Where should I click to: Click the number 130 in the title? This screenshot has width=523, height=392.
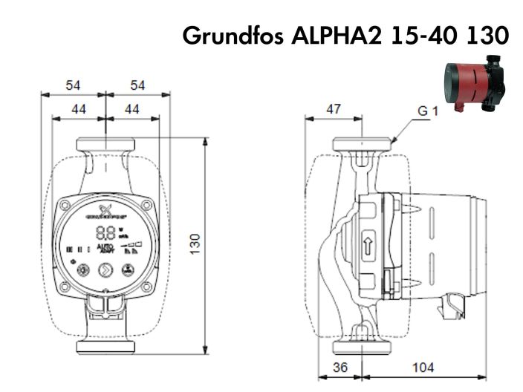(483, 35)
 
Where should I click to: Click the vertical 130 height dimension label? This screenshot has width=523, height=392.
(195, 244)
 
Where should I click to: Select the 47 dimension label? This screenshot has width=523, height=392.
(334, 109)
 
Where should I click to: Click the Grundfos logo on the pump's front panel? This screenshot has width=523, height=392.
(105, 210)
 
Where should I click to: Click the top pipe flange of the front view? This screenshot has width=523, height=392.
(105, 143)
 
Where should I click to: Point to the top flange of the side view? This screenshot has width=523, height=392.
(361, 143)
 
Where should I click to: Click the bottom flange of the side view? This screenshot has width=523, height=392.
(361, 347)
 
